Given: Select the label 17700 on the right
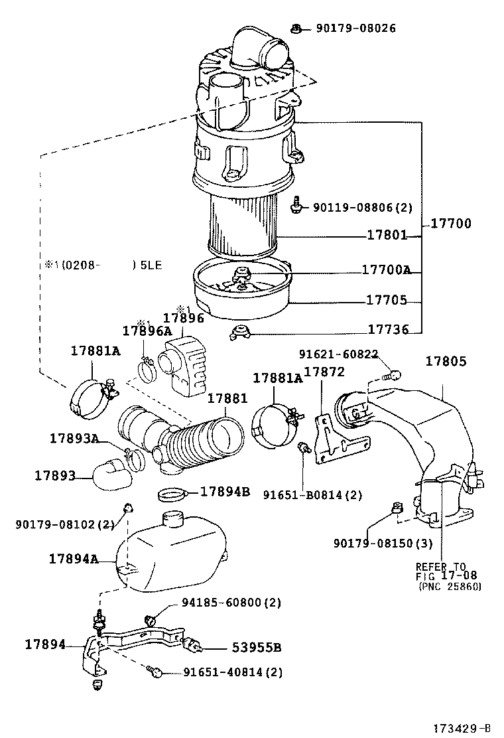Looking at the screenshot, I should [451, 224].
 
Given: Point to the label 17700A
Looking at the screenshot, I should [387, 270].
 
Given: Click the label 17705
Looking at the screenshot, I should [387, 300].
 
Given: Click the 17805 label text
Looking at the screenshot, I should [446, 362].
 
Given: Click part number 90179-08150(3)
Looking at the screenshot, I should [383, 544].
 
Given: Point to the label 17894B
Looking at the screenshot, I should [225, 492].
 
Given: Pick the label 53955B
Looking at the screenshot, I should [257, 648].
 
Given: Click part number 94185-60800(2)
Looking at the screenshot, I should [231, 603].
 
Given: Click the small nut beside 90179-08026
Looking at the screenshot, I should [297, 28].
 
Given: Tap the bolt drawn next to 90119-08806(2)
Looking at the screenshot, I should [296, 206].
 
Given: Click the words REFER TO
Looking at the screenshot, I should [440, 567].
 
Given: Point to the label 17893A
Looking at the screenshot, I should [74, 438].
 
